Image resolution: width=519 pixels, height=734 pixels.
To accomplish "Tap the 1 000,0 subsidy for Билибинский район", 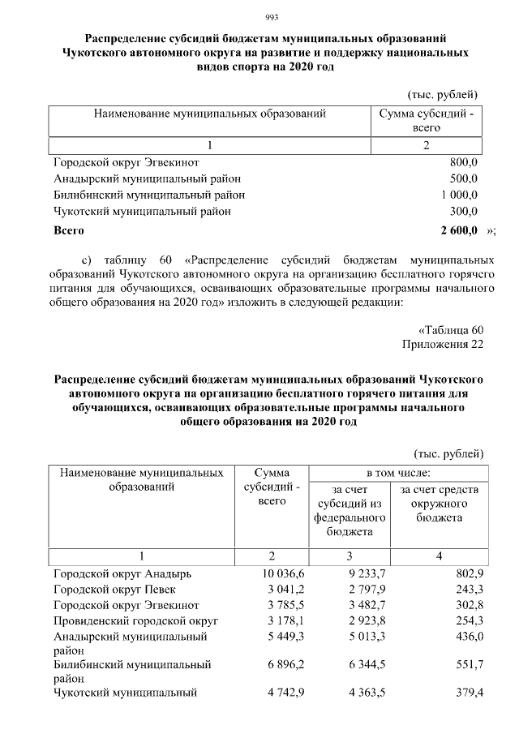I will click(x=459, y=195).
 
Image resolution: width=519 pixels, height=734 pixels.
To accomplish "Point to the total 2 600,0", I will click(x=459, y=230).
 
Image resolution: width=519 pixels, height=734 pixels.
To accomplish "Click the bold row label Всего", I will click(x=69, y=230).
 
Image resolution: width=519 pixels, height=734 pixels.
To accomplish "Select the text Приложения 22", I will click(x=443, y=345).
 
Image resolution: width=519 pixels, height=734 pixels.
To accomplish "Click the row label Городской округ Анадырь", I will click(x=116, y=573).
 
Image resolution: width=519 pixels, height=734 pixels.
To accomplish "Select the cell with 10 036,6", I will click(x=270, y=573).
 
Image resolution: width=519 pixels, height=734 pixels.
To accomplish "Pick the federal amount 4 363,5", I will click(x=350, y=693).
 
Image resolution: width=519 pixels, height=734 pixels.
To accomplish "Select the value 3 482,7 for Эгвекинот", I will click(x=350, y=605).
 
